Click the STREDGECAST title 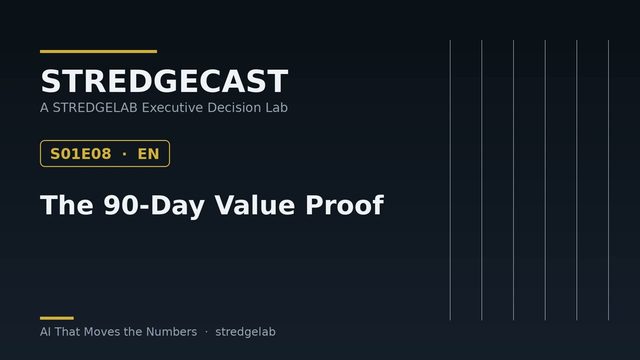[164, 81]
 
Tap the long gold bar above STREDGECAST [98, 51]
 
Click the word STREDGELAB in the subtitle [95, 107]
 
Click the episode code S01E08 [80, 154]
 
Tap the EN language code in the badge [148, 154]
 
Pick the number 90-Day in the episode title [154, 205]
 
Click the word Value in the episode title [255, 204]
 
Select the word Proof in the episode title [344, 204]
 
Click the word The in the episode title [67, 204]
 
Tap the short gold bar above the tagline [57, 318]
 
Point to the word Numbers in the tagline [171, 331]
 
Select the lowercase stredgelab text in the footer [245, 332]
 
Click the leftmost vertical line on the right [450, 180]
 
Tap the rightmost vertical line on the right [608, 180]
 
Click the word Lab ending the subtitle [277, 107]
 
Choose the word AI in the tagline [45, 331]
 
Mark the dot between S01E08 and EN [124, 154]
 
